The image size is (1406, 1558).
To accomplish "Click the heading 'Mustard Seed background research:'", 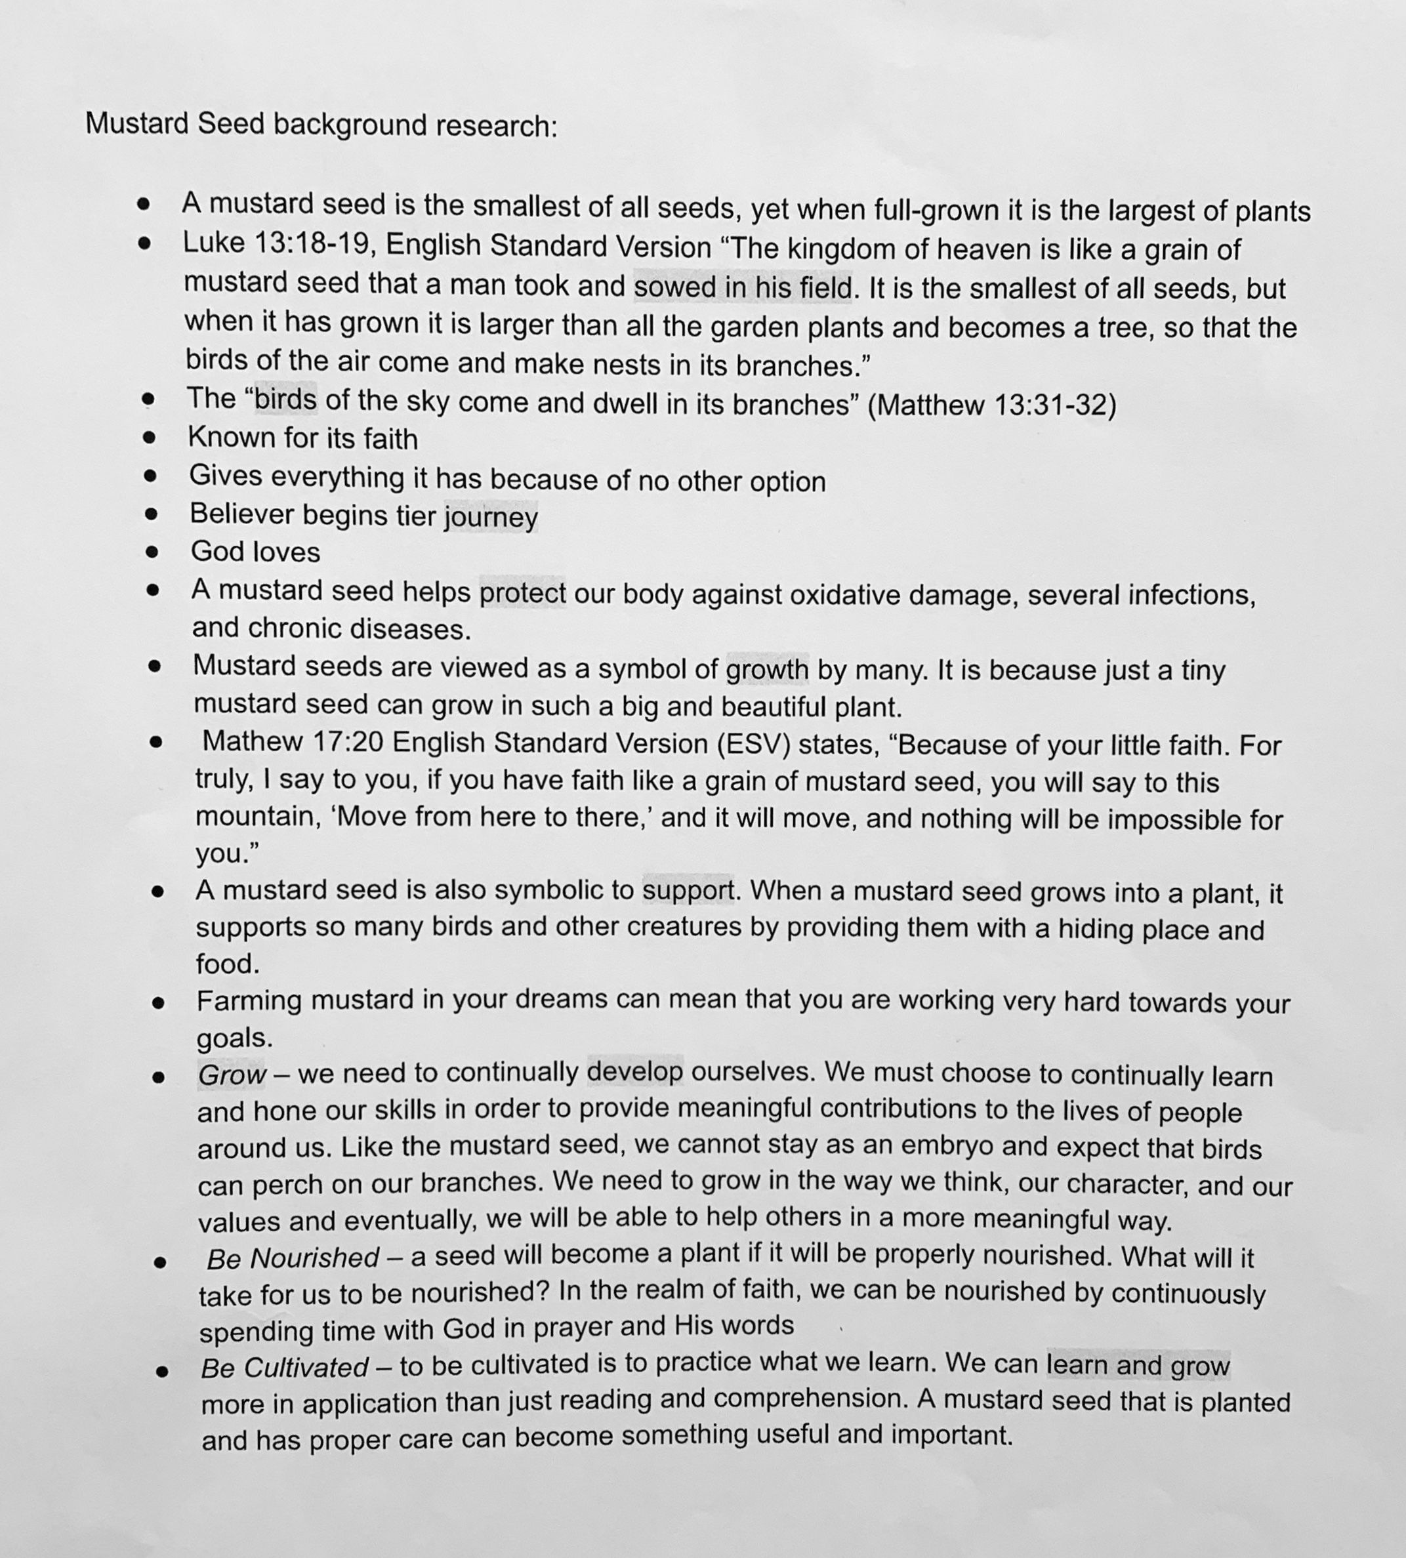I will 321,125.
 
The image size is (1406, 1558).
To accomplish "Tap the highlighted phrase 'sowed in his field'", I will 744,287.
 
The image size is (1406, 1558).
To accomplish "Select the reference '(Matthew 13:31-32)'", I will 992,405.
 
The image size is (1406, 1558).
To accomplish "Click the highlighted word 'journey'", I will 491,517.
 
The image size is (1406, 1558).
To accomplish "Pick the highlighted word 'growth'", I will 766,669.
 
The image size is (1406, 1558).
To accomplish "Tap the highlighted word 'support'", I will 688,891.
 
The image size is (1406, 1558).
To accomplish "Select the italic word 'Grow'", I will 232,1075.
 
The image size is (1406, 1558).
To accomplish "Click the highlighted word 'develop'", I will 635,1072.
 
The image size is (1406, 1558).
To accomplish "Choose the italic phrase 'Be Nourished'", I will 293,1258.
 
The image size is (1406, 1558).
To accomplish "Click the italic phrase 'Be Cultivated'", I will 284,1368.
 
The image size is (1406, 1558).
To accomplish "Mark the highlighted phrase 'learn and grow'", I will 1138,1366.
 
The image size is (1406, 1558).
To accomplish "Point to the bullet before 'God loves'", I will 152,552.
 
